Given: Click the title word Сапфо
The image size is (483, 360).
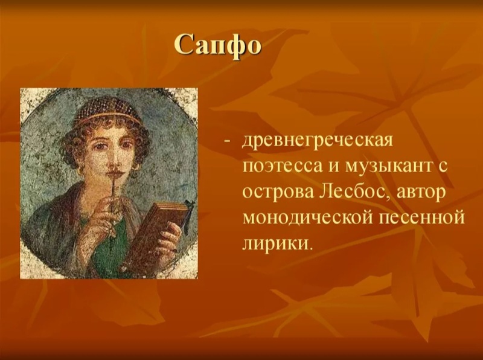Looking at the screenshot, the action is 218,45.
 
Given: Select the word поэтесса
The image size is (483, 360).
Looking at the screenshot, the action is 284,167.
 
